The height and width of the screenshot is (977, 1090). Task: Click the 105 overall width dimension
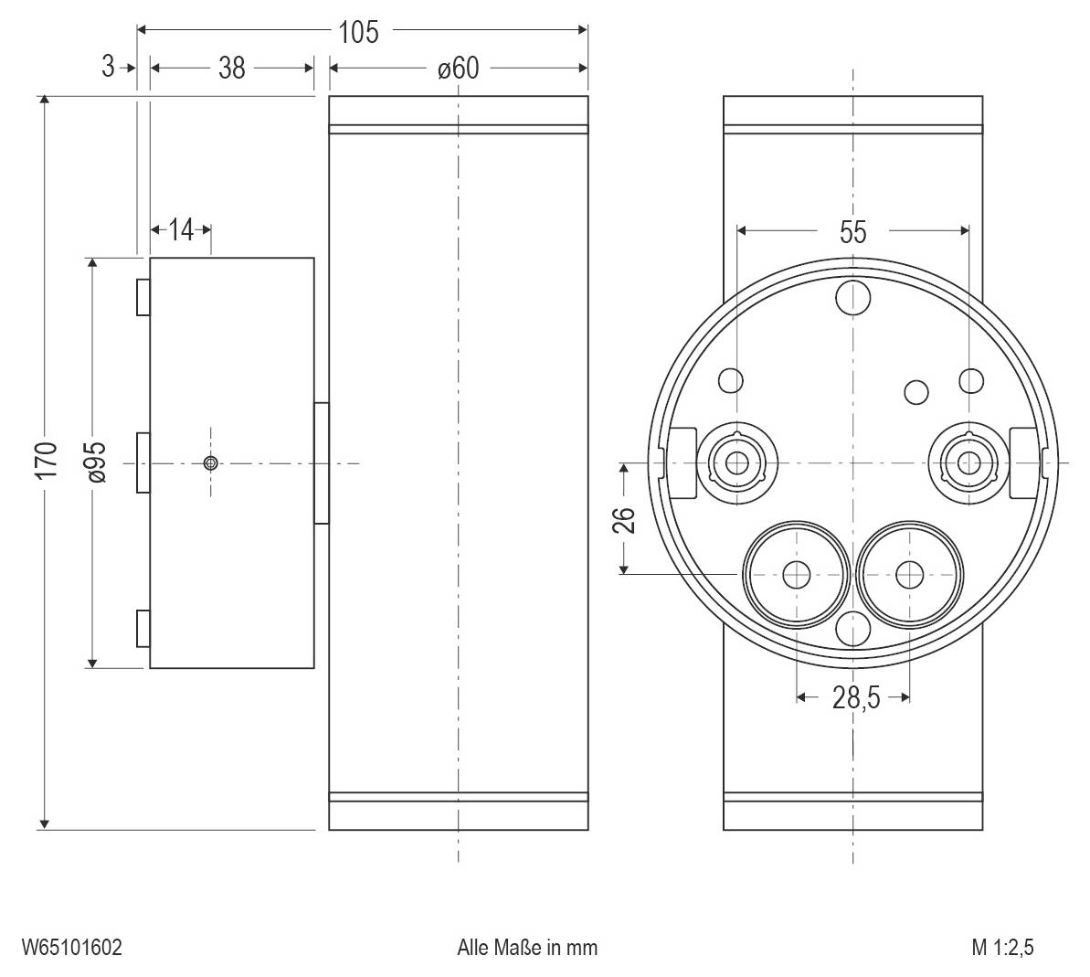click(x=357, y=32)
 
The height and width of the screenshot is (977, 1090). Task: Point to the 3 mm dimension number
click(x=109, y=67)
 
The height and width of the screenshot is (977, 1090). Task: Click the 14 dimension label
click(x=182, y=229)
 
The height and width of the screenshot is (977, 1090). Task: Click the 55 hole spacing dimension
click(x=852, y=232)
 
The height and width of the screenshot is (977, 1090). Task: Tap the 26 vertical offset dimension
click(x=624, y=519)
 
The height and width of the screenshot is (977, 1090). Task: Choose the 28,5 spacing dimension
click(x=855, y=698)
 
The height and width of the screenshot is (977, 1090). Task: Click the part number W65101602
click(x=72, y=947)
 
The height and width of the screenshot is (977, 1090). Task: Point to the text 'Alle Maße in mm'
click(x=527, y=947)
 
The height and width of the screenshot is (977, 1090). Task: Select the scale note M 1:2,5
click(x=1002, y=947)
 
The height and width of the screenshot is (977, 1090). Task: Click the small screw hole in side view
click(x=211, y=463)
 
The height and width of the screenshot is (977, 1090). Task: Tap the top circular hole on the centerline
click(x=853, y=296)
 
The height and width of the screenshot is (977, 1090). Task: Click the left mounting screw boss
click(x=736, y=462)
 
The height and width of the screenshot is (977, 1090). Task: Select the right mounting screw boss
click(x=968, y=462)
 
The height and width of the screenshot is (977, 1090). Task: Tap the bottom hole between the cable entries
click(x=853, y=629)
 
